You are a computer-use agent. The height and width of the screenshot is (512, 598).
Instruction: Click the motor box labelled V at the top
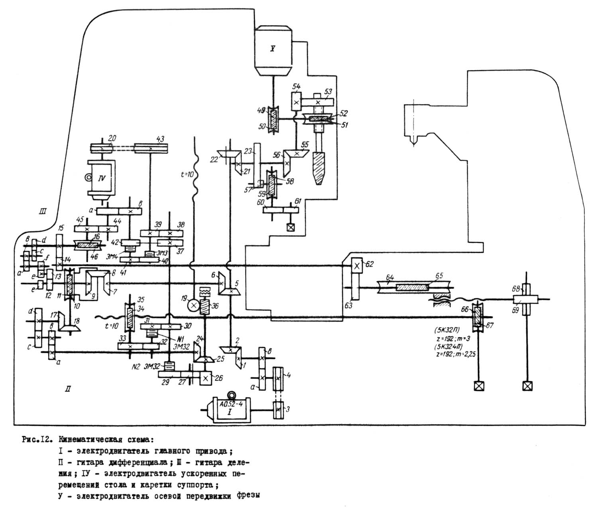pyautogui.click(x=273, y=50)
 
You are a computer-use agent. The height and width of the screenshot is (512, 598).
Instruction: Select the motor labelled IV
pyautogui.click(x=101, y=179)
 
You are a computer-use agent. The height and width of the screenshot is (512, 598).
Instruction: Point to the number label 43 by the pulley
pyautogui.click(x=160, y=138)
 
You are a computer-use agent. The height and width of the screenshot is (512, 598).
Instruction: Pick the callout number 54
pyautogui.click(x=296, y=87)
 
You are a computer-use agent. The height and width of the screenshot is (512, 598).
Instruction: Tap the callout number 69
pyautogui.click(x=515, y=310)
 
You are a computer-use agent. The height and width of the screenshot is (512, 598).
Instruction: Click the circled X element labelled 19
pyautogui.click(x=193, y=306)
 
